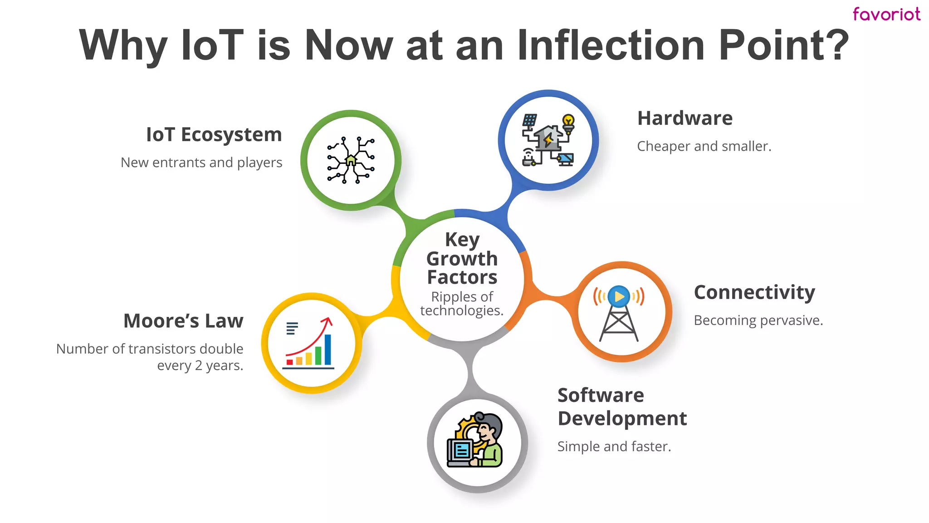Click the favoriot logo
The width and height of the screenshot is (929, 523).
click(x=886, y=15)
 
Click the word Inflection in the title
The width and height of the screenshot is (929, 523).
click(x=611, y=45)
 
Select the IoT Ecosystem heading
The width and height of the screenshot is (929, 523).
click(x=214, y=135)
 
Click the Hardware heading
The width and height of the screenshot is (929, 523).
click(x=685, y=118)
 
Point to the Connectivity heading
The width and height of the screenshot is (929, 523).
click(x=754, y=292)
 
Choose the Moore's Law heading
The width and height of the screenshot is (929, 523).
click(x=183, y=321)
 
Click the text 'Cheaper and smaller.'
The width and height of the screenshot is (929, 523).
click(x=704, y=147)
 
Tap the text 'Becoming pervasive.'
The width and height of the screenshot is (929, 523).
click(x=758, y=321)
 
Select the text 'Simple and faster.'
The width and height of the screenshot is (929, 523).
click(x=614, y=447)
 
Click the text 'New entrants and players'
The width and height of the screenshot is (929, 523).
click(x=201, y=163)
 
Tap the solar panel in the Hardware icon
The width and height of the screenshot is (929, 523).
click(x=529, y=120)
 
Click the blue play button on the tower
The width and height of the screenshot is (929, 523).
click(x=619, y=296)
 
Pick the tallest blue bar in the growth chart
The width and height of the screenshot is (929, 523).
click(x=328, y=350)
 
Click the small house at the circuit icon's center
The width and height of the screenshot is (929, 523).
click(x=350, y=160)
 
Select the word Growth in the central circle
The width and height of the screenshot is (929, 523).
click(x=462, y=259)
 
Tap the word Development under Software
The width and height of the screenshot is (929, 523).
click(x=622, y=419)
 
